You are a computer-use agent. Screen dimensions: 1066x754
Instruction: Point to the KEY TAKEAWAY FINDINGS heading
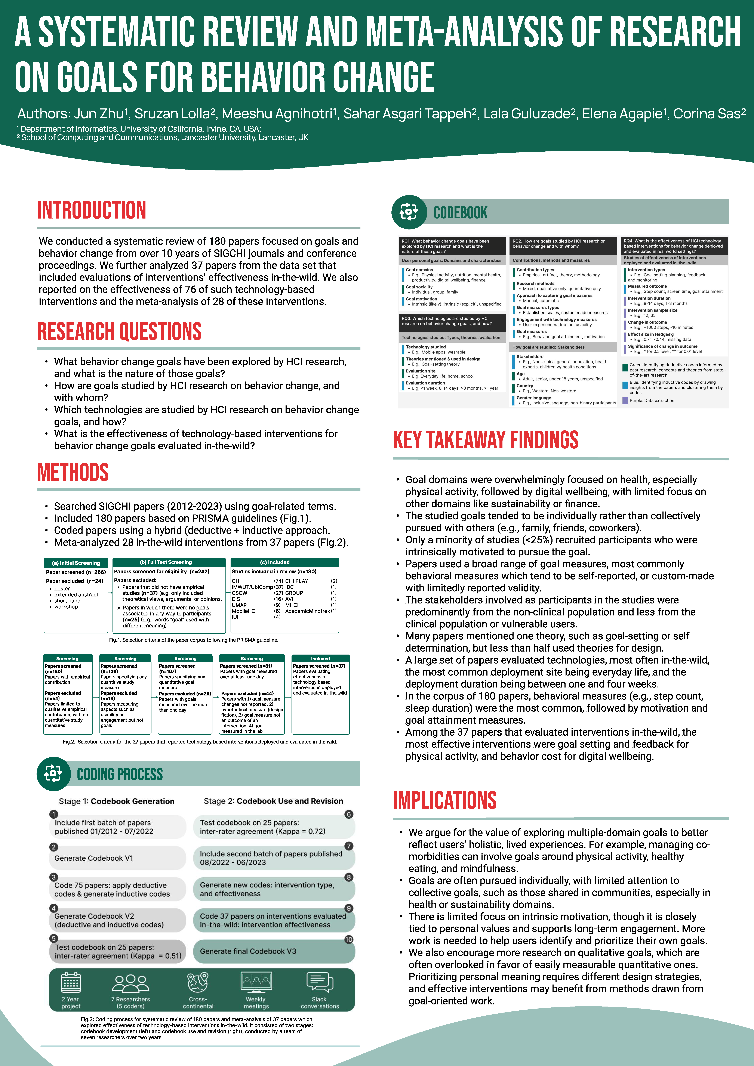coord(486,440)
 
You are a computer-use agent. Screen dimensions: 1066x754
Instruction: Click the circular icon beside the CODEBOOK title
coord(409,212)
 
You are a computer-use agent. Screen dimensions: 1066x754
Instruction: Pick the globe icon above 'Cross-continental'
coord(198,982)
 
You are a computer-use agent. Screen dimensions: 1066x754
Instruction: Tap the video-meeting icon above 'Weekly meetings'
coord(256,982)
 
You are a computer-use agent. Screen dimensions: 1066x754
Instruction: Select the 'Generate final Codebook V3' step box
coord(274,951)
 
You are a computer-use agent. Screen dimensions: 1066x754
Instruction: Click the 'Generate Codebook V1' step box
coord(117,858)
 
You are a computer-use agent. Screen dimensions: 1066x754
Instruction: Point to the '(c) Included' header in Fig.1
coord(285,562)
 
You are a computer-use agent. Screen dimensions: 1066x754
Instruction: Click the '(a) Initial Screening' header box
coord(76,563)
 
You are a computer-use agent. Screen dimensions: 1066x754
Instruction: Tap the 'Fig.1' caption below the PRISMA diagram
coord(194,640)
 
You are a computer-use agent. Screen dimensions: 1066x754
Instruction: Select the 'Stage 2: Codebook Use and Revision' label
coord(273,801)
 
